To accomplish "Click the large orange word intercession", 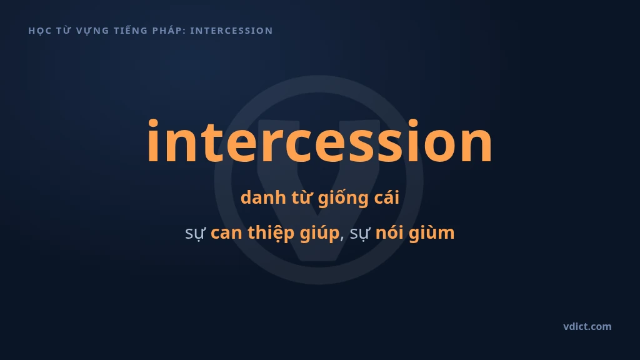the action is tap(319, 141).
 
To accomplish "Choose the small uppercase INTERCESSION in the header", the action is tap(231, 31).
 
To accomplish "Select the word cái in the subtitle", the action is tap(386, 197).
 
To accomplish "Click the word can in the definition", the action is tap(226, 233).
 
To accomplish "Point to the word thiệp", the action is tap(271, 233).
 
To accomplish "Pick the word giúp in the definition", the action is tap(319, 233).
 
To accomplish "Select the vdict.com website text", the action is tap(587, 326).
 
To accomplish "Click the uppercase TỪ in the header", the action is tap(64, 30).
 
